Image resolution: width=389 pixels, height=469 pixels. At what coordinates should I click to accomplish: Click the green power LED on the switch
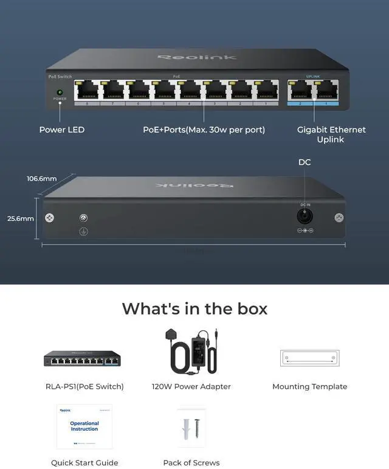(x=60, y=92)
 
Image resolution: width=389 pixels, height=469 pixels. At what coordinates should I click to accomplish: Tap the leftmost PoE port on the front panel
(x=88, y=91)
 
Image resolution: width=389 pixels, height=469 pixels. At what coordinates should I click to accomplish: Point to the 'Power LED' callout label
(x=62, y=130)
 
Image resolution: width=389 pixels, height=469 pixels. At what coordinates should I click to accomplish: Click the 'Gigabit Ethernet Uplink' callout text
(x=331, y=134)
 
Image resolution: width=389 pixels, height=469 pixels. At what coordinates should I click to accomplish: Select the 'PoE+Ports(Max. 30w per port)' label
(x=204, y=130)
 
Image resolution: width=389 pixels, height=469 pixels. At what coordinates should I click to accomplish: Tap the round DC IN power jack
(x=305, y=216)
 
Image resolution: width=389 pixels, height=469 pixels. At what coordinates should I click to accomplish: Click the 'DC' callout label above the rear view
(x=305, y=162)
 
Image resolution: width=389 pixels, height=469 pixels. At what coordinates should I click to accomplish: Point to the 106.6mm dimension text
(x=41, y=179)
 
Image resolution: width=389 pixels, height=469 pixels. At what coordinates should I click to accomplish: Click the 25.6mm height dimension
(x=20, y=218)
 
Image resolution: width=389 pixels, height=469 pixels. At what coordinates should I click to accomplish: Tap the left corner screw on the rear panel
(x=49, y=218)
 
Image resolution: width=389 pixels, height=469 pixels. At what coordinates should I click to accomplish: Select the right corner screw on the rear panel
(x=339, y=218)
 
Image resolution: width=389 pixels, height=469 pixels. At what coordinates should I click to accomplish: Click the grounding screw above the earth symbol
(x=84, y=218)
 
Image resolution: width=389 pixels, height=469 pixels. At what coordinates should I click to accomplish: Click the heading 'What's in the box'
(x=194, y=308)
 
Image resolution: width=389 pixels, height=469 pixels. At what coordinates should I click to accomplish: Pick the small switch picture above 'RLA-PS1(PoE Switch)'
(x=82, y=359)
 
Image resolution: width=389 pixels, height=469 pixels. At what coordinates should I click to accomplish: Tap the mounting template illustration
(x=309, y=358)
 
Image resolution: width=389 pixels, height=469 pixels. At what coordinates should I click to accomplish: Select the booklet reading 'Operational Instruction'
(x=84, y=426)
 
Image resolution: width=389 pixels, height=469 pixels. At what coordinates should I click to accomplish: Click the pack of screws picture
(x=191, y=427)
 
